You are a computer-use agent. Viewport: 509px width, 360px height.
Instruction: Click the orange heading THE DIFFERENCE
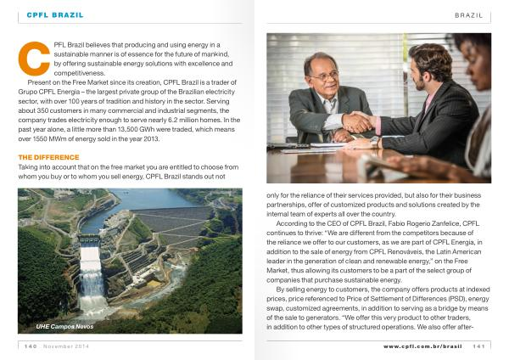48,157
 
